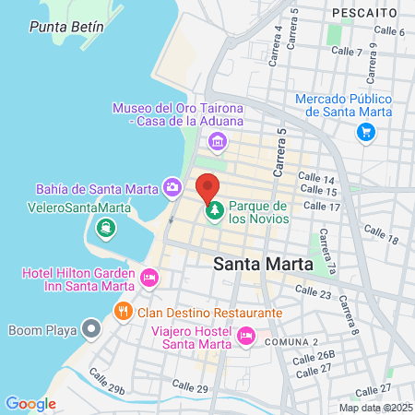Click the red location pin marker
tap(207, 187)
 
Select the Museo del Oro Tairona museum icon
tap(218, 141)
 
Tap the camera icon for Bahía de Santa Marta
tap(172, 188)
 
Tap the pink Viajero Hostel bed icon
tap(245, 336)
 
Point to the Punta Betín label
tap(64, 27)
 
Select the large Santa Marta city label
tap(262, 264)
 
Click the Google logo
tap(30, 403)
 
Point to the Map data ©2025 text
tap(375, 408)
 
